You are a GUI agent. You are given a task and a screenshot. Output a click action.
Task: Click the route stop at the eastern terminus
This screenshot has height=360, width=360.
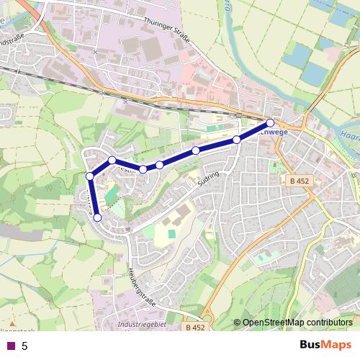point(270,122)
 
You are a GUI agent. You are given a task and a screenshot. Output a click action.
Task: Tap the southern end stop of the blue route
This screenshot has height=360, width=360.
point(98,217)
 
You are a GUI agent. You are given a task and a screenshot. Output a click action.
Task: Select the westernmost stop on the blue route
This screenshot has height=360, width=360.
point(89,176)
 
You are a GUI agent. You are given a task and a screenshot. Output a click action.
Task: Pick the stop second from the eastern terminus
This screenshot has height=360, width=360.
point(236,140)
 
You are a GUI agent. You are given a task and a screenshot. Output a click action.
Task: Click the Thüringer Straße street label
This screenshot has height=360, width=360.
point(167,31)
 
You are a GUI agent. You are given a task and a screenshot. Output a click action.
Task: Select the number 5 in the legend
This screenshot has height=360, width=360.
point(24,346)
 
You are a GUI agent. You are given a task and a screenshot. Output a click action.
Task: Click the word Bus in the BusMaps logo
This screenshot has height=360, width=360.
point(312,344)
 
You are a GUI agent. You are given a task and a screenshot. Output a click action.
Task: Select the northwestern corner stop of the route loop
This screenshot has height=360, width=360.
point(112,160)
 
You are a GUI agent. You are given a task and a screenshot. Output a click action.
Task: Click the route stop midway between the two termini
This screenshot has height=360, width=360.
point(159,165)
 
